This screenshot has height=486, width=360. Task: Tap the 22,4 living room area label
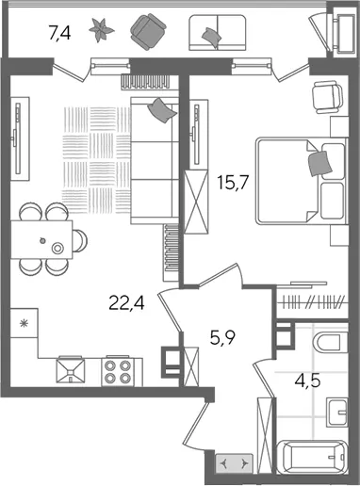pos(126,303)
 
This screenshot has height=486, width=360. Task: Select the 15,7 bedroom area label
pos(233,183)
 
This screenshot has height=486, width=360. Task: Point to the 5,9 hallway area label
pos(222,338)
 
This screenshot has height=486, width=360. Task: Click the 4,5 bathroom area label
pos(307,381)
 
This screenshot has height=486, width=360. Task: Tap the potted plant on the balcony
pos(102,30)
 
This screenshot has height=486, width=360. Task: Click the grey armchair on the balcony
pos(148,32)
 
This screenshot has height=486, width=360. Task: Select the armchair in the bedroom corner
pos(327,97)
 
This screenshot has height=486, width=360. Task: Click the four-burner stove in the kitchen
pos(118,371)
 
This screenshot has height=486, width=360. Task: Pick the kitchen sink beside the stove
pos(71,370)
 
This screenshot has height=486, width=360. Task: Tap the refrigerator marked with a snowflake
pos(24,323)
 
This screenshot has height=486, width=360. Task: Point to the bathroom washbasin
pos(337,412)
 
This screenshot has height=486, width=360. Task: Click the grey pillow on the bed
pos(320,164)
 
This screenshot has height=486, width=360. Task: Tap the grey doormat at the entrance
pos(234,463)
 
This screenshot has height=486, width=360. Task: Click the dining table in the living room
pos(41,239)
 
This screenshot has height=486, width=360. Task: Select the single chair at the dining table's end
pos(80,241)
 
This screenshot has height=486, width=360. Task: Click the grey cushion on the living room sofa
pos(162,110)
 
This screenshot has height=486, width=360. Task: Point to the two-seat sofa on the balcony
pos(218,33)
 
